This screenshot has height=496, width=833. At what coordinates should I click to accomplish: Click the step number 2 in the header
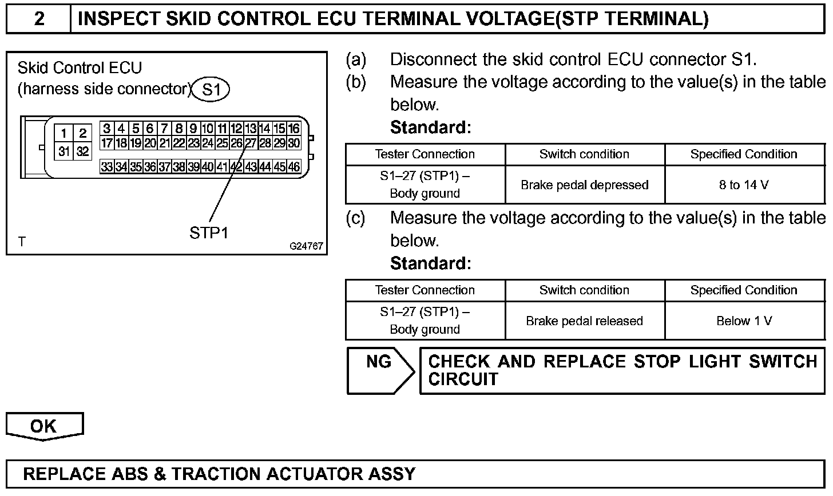(x=39, y=19)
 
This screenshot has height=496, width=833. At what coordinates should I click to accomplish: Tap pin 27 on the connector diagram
(x=251, y=143)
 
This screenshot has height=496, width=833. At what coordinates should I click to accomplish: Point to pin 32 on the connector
(x=83, y=151)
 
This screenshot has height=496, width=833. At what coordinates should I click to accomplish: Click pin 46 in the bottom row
(x=294, y=167)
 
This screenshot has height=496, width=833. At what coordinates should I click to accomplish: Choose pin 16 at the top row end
(x=294, y=129)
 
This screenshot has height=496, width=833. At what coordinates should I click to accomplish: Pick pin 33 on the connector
(x=106, y=167)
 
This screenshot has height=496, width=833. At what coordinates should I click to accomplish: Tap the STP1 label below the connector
(x=208, y=233)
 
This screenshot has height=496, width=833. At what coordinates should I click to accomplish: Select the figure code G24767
(x=306, y=246)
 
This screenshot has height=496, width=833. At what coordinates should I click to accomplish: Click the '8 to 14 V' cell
(x=744, y=185)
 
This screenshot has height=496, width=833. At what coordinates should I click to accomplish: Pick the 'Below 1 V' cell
(x=744, y=321)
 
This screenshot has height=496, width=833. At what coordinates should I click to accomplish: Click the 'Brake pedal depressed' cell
(x=584, y=185)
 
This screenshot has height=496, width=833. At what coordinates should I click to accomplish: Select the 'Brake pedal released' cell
(x=584, y=321)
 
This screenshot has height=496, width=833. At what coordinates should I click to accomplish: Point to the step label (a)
(x=356, y=59)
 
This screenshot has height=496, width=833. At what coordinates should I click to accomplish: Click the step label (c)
(x=356, y=218)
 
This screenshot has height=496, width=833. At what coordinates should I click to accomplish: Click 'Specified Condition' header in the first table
(x=744, y=154)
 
